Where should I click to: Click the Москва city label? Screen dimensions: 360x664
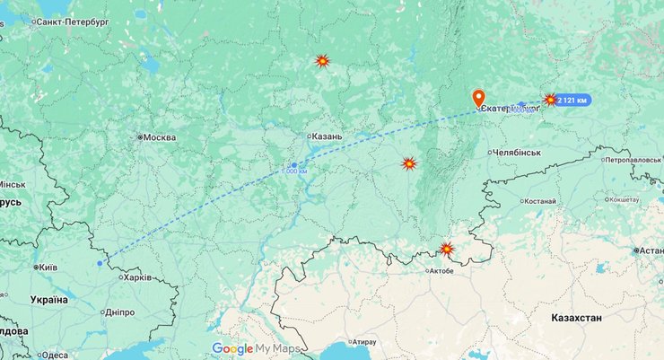point(159,137)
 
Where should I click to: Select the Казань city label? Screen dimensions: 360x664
point(327,136)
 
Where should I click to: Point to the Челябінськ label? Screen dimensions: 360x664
point(518,153)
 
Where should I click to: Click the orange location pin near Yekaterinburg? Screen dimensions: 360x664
point(478,98)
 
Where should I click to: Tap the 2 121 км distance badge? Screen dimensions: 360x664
point(572,100)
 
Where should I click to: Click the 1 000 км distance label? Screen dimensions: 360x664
point(294,171)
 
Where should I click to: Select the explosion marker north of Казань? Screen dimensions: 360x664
point(322,61)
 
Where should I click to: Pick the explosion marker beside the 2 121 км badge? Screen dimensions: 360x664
point(550,100)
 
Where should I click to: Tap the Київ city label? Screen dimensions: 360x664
point(48,268)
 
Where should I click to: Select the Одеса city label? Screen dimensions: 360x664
point(54,355)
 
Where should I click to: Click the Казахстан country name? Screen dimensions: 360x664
point(576,319)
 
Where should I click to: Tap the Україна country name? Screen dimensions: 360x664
point(48,299)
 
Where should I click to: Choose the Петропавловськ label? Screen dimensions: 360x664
point(633,160)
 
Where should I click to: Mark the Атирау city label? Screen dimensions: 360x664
point(363,342)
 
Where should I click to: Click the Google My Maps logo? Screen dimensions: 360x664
point(256,349)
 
